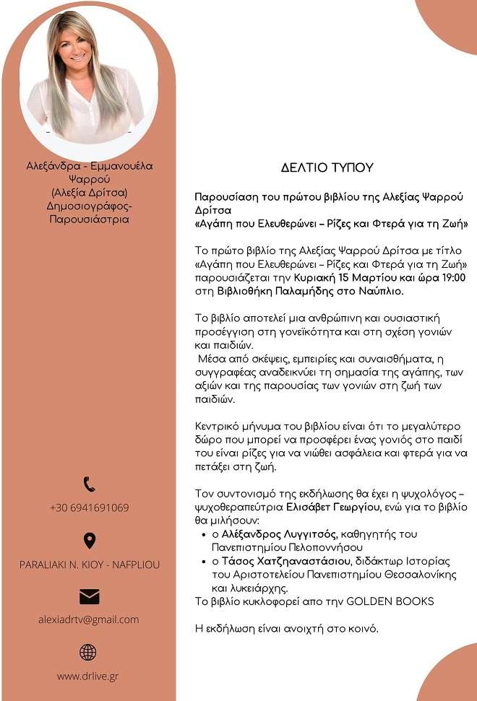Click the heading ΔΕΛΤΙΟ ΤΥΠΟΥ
tap(327, 167)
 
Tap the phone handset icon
tap(89, 484)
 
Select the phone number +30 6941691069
tap(89, 508)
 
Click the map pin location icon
tap(89, 540)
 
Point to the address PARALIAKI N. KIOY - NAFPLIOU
tap(89, 565)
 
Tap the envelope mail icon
tap(89, 596)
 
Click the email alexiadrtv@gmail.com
tap(89, 619)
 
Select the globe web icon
tap(88, 652)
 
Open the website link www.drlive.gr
tap(88, 676)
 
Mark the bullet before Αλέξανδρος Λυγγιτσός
tap(205, 535)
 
